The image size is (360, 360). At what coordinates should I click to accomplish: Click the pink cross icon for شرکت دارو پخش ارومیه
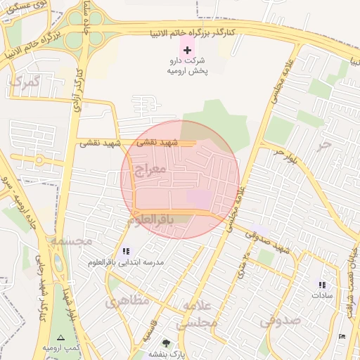click(187, 50)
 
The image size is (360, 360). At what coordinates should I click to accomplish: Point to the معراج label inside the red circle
click(149, 169)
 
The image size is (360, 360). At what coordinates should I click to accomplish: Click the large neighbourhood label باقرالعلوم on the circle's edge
click(150, 220)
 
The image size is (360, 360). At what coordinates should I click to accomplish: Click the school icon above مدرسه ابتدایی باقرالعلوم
click(126, 251)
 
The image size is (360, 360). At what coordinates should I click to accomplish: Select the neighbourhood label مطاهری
click(127, 302)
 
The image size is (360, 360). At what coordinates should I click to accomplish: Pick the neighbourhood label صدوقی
click(280, 321)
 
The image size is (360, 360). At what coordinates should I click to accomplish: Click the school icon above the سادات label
click(322, 285)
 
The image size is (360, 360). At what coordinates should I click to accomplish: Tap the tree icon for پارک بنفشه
click(166, 343)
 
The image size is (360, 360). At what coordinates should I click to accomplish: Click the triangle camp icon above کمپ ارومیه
click(60, 338)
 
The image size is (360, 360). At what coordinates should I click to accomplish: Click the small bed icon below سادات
click(342, 337)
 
